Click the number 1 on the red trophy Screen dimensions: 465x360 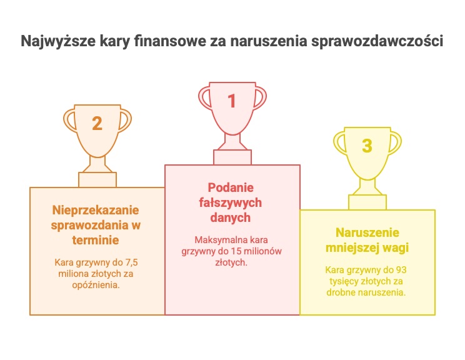click(x=232, y=101)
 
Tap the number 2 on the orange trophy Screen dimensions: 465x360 click(x=97, y=123)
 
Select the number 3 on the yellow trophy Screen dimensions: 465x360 click(x=367, y=146)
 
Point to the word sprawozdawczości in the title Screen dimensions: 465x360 click(x=377, y=41)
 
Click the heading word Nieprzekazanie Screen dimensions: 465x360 click(x=96, y=210)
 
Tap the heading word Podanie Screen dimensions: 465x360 click(x=231, y=187)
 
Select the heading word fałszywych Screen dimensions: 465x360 click(x=231, y=203)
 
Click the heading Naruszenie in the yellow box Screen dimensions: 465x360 click(x=367, y=232)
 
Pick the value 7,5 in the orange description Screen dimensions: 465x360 click(x=132, y=262)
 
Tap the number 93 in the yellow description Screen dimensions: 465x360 click(x=401, y=270)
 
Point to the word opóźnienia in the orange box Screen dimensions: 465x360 click(x=96, y=285)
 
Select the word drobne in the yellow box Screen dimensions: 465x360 click(x=341, y=292)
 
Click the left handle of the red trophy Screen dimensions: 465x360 click(x=204, y=97)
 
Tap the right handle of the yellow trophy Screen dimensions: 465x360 click(x=395, y=143)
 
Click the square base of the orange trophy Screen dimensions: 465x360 click(x=97, y=180)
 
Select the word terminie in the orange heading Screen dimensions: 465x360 click(x=96, y=240)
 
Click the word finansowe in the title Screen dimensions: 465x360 click(x=170, y=41)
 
